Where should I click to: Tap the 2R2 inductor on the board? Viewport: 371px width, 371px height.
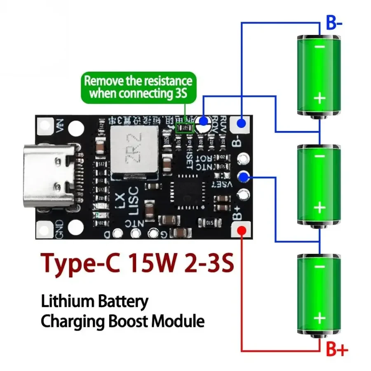tap(134, 152)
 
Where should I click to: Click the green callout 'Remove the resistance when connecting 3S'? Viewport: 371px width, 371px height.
tap(138, 87)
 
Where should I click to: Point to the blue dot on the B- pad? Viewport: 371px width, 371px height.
tap(242, 123)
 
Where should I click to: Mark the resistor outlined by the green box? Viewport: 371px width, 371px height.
tap(184, 128)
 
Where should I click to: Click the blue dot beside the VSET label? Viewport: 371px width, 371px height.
tap(244, 177)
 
